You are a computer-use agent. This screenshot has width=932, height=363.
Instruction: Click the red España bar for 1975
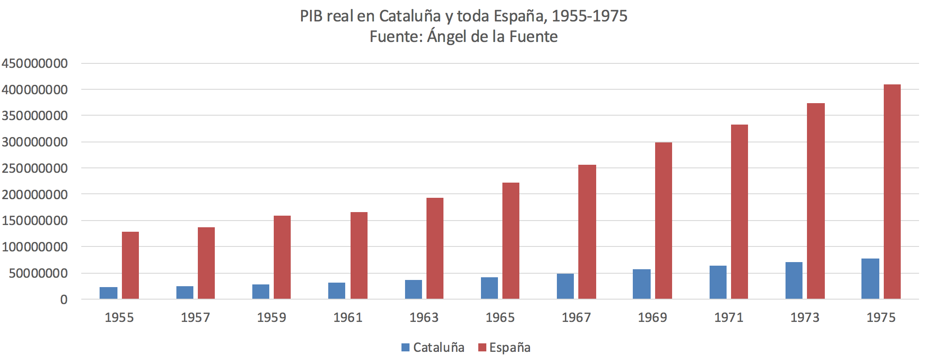892,192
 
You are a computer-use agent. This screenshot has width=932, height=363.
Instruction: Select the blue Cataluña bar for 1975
870,279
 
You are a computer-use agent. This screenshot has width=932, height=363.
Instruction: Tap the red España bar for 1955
130,266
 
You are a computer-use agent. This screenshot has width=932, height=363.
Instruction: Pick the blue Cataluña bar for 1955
109,293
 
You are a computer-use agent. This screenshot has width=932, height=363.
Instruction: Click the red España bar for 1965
511,241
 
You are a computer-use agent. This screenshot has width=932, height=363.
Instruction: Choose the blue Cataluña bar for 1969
641,284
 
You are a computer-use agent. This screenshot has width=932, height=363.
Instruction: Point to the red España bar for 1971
739,212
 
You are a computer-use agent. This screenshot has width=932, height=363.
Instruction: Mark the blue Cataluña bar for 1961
337,291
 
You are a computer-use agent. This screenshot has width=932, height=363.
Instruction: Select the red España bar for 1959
282,258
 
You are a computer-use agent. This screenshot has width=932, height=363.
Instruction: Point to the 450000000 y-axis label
34,63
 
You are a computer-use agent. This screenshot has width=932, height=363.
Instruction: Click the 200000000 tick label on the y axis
34,195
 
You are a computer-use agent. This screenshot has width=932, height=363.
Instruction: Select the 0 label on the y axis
64,300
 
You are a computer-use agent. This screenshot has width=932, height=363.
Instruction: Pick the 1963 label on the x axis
424,317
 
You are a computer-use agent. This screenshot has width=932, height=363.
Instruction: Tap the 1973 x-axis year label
805,317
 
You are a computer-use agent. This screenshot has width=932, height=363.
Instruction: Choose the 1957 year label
195,317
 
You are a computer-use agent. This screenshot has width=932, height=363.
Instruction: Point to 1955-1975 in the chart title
589,16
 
